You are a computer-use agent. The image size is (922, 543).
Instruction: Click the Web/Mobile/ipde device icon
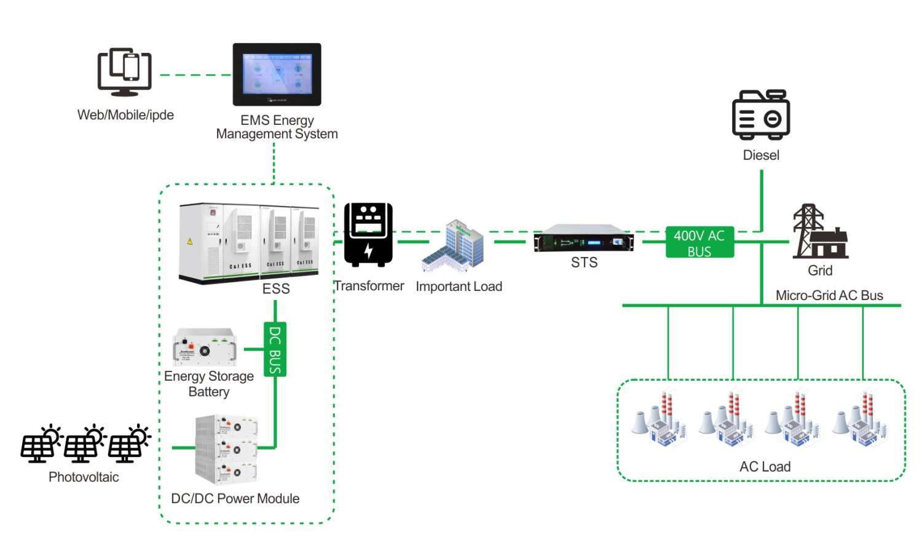[x=125, y=72]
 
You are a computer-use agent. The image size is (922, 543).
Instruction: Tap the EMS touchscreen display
[x=277, y=74]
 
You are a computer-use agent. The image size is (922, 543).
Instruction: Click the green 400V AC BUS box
[x=699, y=242]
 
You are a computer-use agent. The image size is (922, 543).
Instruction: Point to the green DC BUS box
[x=275, y=349]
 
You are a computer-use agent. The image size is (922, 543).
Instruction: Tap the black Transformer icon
[x=368, y=234]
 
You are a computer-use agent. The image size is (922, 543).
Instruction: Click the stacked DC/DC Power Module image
[x=226, y=450]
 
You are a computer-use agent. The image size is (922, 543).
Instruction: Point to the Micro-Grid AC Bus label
[x=829, y=295]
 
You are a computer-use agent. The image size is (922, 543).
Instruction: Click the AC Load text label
[x=765, y=467]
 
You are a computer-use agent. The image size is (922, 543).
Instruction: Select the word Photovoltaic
[x=84, y=477]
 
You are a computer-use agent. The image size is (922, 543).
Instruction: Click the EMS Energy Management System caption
[x=277, y=127]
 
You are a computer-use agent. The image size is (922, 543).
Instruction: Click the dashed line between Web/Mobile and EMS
[x=195, y=75]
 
